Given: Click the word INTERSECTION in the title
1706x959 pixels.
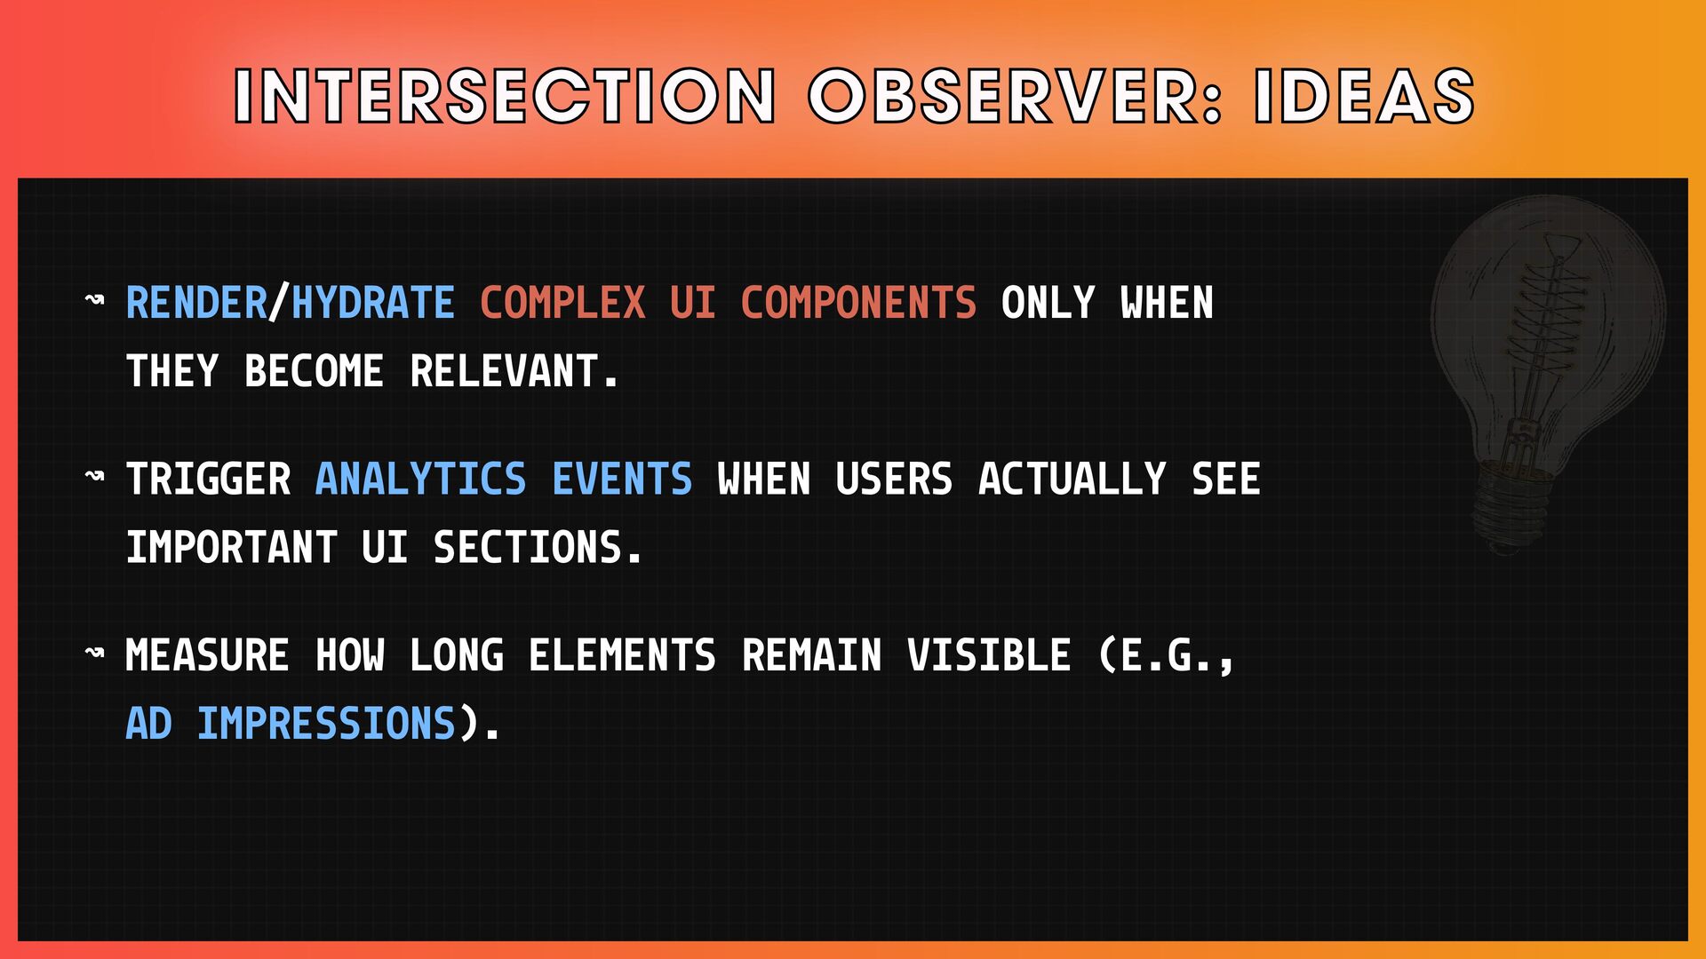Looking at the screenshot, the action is [x=505, y=96].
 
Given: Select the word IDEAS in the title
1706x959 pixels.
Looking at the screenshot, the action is [x=1364, y=96].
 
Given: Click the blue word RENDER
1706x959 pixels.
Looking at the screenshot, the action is [x=196, y=303].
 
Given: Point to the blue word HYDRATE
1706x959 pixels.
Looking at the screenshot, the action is [x=373, y=303].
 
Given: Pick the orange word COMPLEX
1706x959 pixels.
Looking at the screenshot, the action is [x=562, y=303].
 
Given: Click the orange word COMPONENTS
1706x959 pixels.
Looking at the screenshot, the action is [x=858, y=303].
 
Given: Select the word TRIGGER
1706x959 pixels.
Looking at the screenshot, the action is [x=208, y=479].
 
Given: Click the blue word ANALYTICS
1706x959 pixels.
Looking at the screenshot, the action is [x=420, y=479].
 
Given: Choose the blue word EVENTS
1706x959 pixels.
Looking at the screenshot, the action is [x=622, y=479].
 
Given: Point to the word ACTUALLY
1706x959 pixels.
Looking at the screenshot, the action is [x=1072, y=479].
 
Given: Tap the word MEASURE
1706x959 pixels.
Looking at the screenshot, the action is [x=207, y=656].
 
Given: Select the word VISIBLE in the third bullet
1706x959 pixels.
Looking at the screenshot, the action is [x=989, y=656].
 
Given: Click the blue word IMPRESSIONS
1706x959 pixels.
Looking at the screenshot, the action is [x=326, y=724].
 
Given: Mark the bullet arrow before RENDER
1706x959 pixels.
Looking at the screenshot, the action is [x=94, y=300].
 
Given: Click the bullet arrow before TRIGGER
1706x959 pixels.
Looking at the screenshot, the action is [x=94, y=477].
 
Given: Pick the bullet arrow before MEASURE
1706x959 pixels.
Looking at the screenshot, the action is [x=94, y=654].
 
